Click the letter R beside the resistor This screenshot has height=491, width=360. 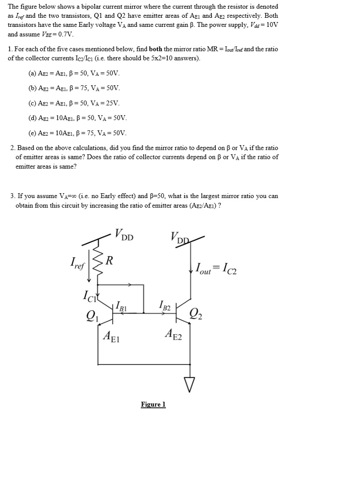tap(110, 261)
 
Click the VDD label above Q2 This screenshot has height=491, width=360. tap(180, 236)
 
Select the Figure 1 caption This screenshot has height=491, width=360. tap(153, 405)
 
